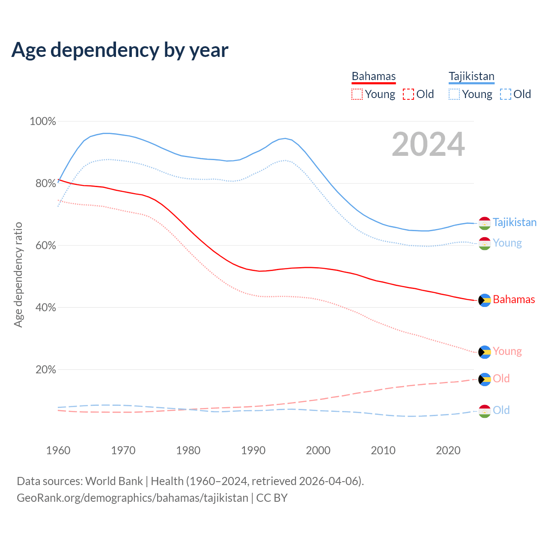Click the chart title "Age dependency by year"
pyautogui.click(x=120, y=50)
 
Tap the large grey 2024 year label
pyautogui.click(x=428, y=145)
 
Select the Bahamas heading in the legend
pyautogui.click(x=374, y=76)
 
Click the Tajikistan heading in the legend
pyautogui.click(x=471, y=76)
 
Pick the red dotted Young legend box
pyautogui.click(x=357, y=94)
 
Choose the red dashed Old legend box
pyautogui.click(x=408, y=94)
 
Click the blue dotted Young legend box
pyautogui.click(x=454, y=94)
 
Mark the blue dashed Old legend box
pyautogui.click(x=506, y=94)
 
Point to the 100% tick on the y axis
pyautogui.click(x=43, y=122)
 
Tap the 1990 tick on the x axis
pyautogui.click(x=253, y=450)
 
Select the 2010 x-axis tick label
pyautogui.click(x=383, y=450)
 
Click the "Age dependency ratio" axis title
pyautogui.click(x=18, y=274)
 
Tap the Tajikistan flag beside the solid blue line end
pyautogui.click(x=484, y=223)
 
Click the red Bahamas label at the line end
pyautogui.click(x=514, y=300)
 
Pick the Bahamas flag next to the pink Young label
pyautogui.click(x=484, y=352)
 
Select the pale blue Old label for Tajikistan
pyautogui.click(x=501, y=411)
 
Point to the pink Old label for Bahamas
pyautogui.click(x=501, y=379)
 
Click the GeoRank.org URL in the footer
pyautogui.click(x=132, y=498)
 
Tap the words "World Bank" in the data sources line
pyautogui.click(x=114, y=481)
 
